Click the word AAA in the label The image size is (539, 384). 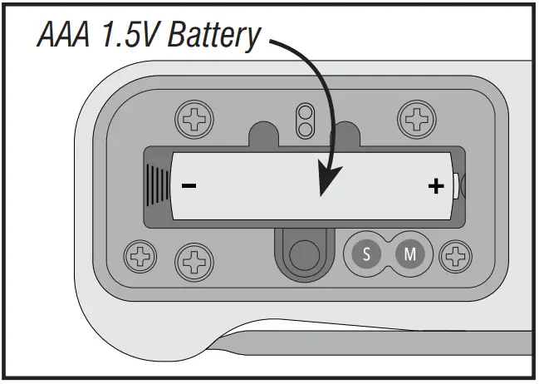[x=63, y=37]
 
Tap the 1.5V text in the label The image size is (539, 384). [x=131, y=37]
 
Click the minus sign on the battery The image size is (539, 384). [x=189, y=185]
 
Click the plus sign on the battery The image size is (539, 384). [x=435, y=185]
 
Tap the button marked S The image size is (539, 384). [x=366, y=254]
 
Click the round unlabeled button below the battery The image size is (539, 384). [x=303, y=252]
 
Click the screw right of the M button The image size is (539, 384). [x=455, y=254]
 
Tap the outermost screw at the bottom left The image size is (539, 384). [x=139, y=254]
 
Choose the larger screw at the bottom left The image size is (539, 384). [x=194, y=262]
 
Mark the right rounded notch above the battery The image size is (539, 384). [x=346, y=134]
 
